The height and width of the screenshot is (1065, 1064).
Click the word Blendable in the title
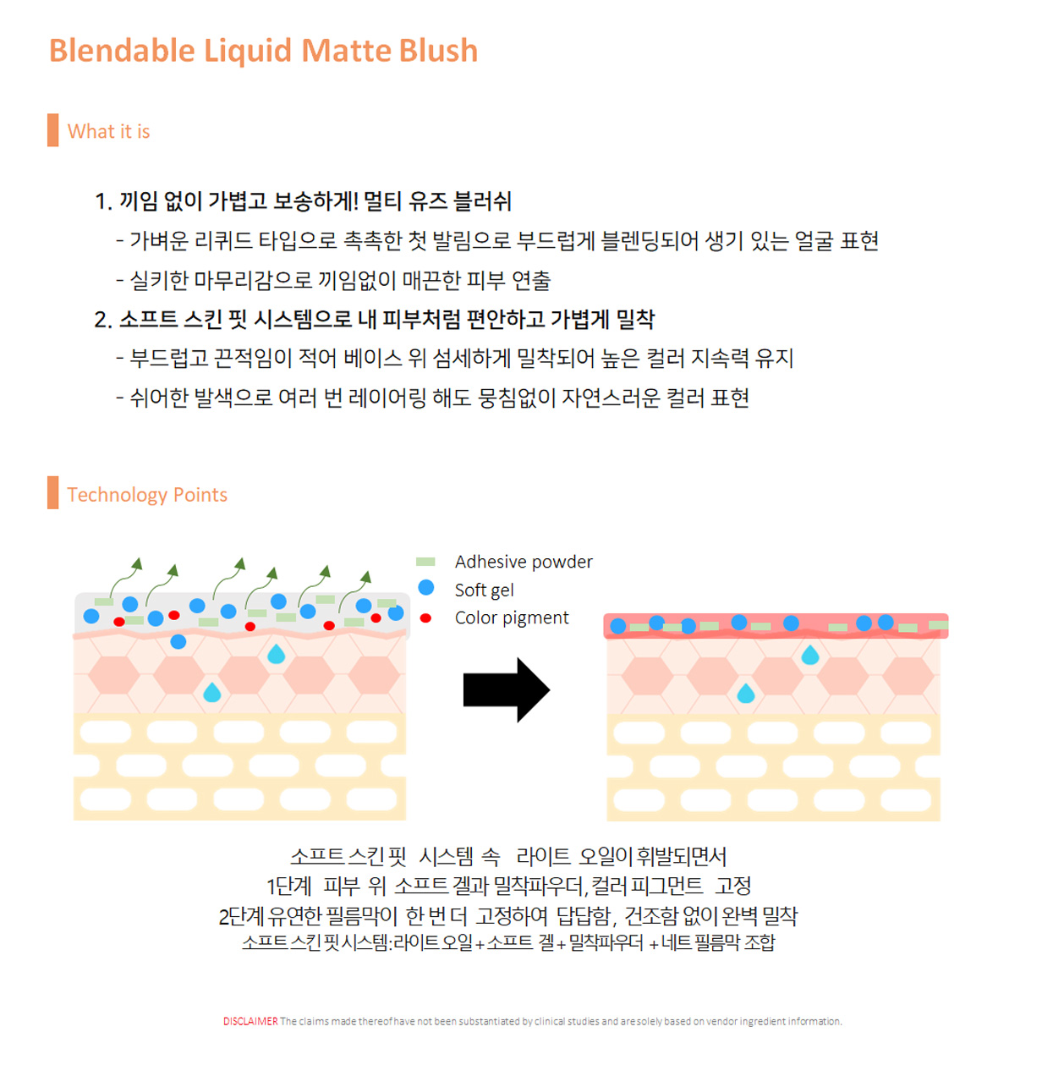(122, 51)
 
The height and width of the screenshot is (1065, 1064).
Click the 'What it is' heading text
(108, 131)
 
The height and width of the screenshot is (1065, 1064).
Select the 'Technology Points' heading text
(147, 495)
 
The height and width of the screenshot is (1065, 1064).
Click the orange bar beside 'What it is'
(53, 130)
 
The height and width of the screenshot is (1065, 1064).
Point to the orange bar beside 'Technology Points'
(53, 492)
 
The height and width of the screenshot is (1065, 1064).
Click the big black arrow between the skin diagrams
(507, 689)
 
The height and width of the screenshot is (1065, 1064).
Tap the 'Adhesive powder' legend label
(524, 562)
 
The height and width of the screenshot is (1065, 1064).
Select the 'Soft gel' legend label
(484, 590)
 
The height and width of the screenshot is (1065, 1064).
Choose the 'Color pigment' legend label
(511, 618)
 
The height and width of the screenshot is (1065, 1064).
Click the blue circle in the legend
(425, 587)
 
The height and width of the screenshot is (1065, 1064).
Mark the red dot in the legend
(425, 618)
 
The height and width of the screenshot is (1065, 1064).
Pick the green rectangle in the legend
(425, 562)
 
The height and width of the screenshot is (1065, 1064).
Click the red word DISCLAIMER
(250, 1021)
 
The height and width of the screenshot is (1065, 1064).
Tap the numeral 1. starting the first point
(103, 201)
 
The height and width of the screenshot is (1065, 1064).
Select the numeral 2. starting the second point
(103, 320)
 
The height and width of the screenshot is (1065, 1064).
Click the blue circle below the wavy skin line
(178, 642)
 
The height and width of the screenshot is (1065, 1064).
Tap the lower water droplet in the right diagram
(746, 693)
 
